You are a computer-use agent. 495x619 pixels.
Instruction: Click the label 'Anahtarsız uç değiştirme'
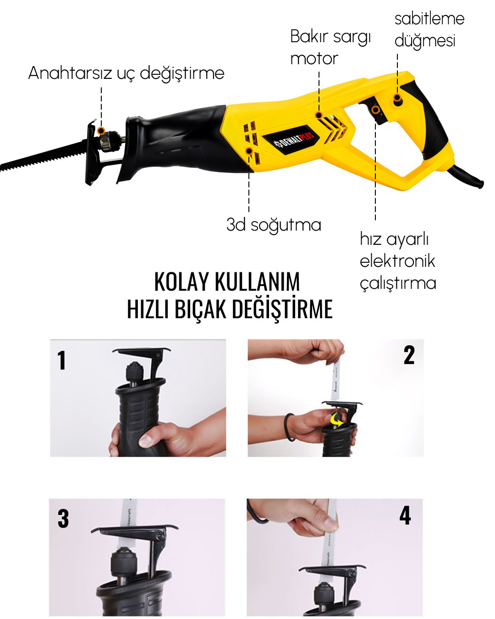coord(126,73)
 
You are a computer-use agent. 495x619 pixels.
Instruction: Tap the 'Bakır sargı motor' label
coord(330,47)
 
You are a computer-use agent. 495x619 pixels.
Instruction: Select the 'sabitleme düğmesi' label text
coord(429,29)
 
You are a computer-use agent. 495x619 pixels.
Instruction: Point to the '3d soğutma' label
coord(274,225)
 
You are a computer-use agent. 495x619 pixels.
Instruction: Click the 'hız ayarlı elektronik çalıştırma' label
coord(397,261)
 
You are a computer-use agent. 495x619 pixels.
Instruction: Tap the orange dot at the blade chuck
coord(102,131)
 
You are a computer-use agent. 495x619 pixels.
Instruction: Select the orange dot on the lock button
coord(397,98)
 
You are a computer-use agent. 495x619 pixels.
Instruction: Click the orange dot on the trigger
coord(375,110)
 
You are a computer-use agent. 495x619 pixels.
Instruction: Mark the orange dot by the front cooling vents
coord(249,150)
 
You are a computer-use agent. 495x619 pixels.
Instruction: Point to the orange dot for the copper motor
coord(319,115)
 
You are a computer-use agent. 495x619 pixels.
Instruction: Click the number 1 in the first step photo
coord(62,360)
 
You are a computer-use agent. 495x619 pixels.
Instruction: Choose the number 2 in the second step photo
coord(409,355)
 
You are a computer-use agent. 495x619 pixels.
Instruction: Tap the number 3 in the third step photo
coord(63,519)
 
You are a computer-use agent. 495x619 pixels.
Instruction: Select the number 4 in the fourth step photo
coord(405,515)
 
